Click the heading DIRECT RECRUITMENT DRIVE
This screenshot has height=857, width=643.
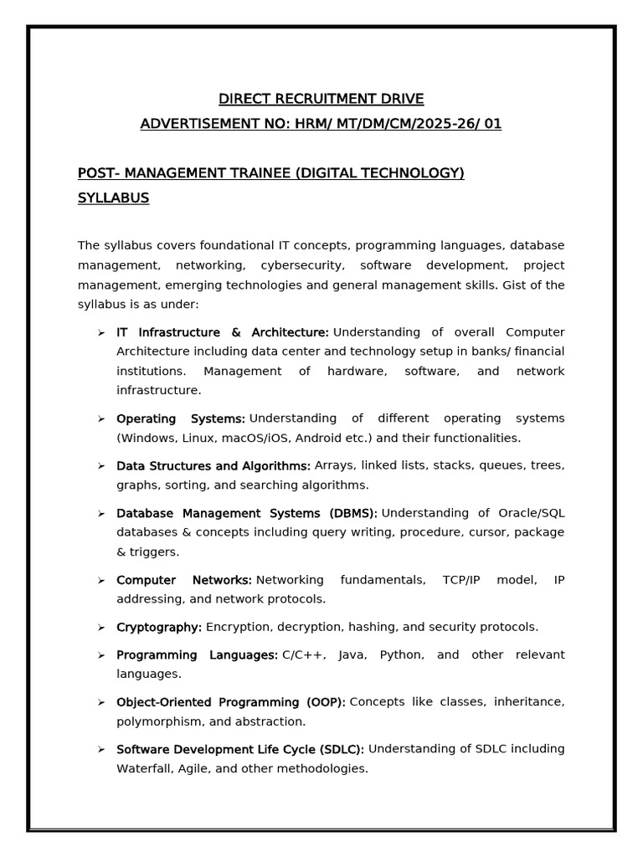coord(321,99)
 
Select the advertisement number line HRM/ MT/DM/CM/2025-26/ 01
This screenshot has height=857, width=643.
coord(321,125)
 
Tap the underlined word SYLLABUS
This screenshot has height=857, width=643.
coord(113,198)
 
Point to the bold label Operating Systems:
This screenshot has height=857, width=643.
coord(180,418)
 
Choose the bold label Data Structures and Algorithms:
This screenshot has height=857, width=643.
coord(213,466)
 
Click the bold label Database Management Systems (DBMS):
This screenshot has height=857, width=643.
coord(247,513)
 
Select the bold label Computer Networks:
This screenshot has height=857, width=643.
coord(184,580)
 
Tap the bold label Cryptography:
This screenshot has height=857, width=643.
coord(159,627)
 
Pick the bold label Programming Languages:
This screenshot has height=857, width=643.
coord(197,654)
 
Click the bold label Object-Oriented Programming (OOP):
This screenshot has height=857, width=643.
coord(231,702)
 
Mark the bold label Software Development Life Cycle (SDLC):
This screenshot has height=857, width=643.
coord(240,749)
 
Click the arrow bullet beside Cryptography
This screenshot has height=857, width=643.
coord(100,627)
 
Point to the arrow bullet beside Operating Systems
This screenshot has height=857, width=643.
coord(100,418)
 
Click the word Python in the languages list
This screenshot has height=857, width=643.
coord(402,654)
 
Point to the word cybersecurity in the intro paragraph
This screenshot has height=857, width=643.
coord(301,265)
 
